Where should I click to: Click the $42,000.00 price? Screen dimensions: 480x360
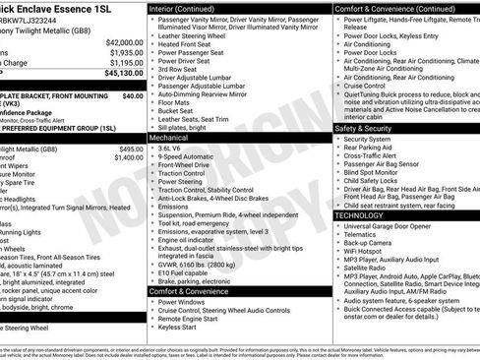[x=124, y=43]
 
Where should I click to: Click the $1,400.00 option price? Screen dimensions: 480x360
[x=129, y=155]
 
